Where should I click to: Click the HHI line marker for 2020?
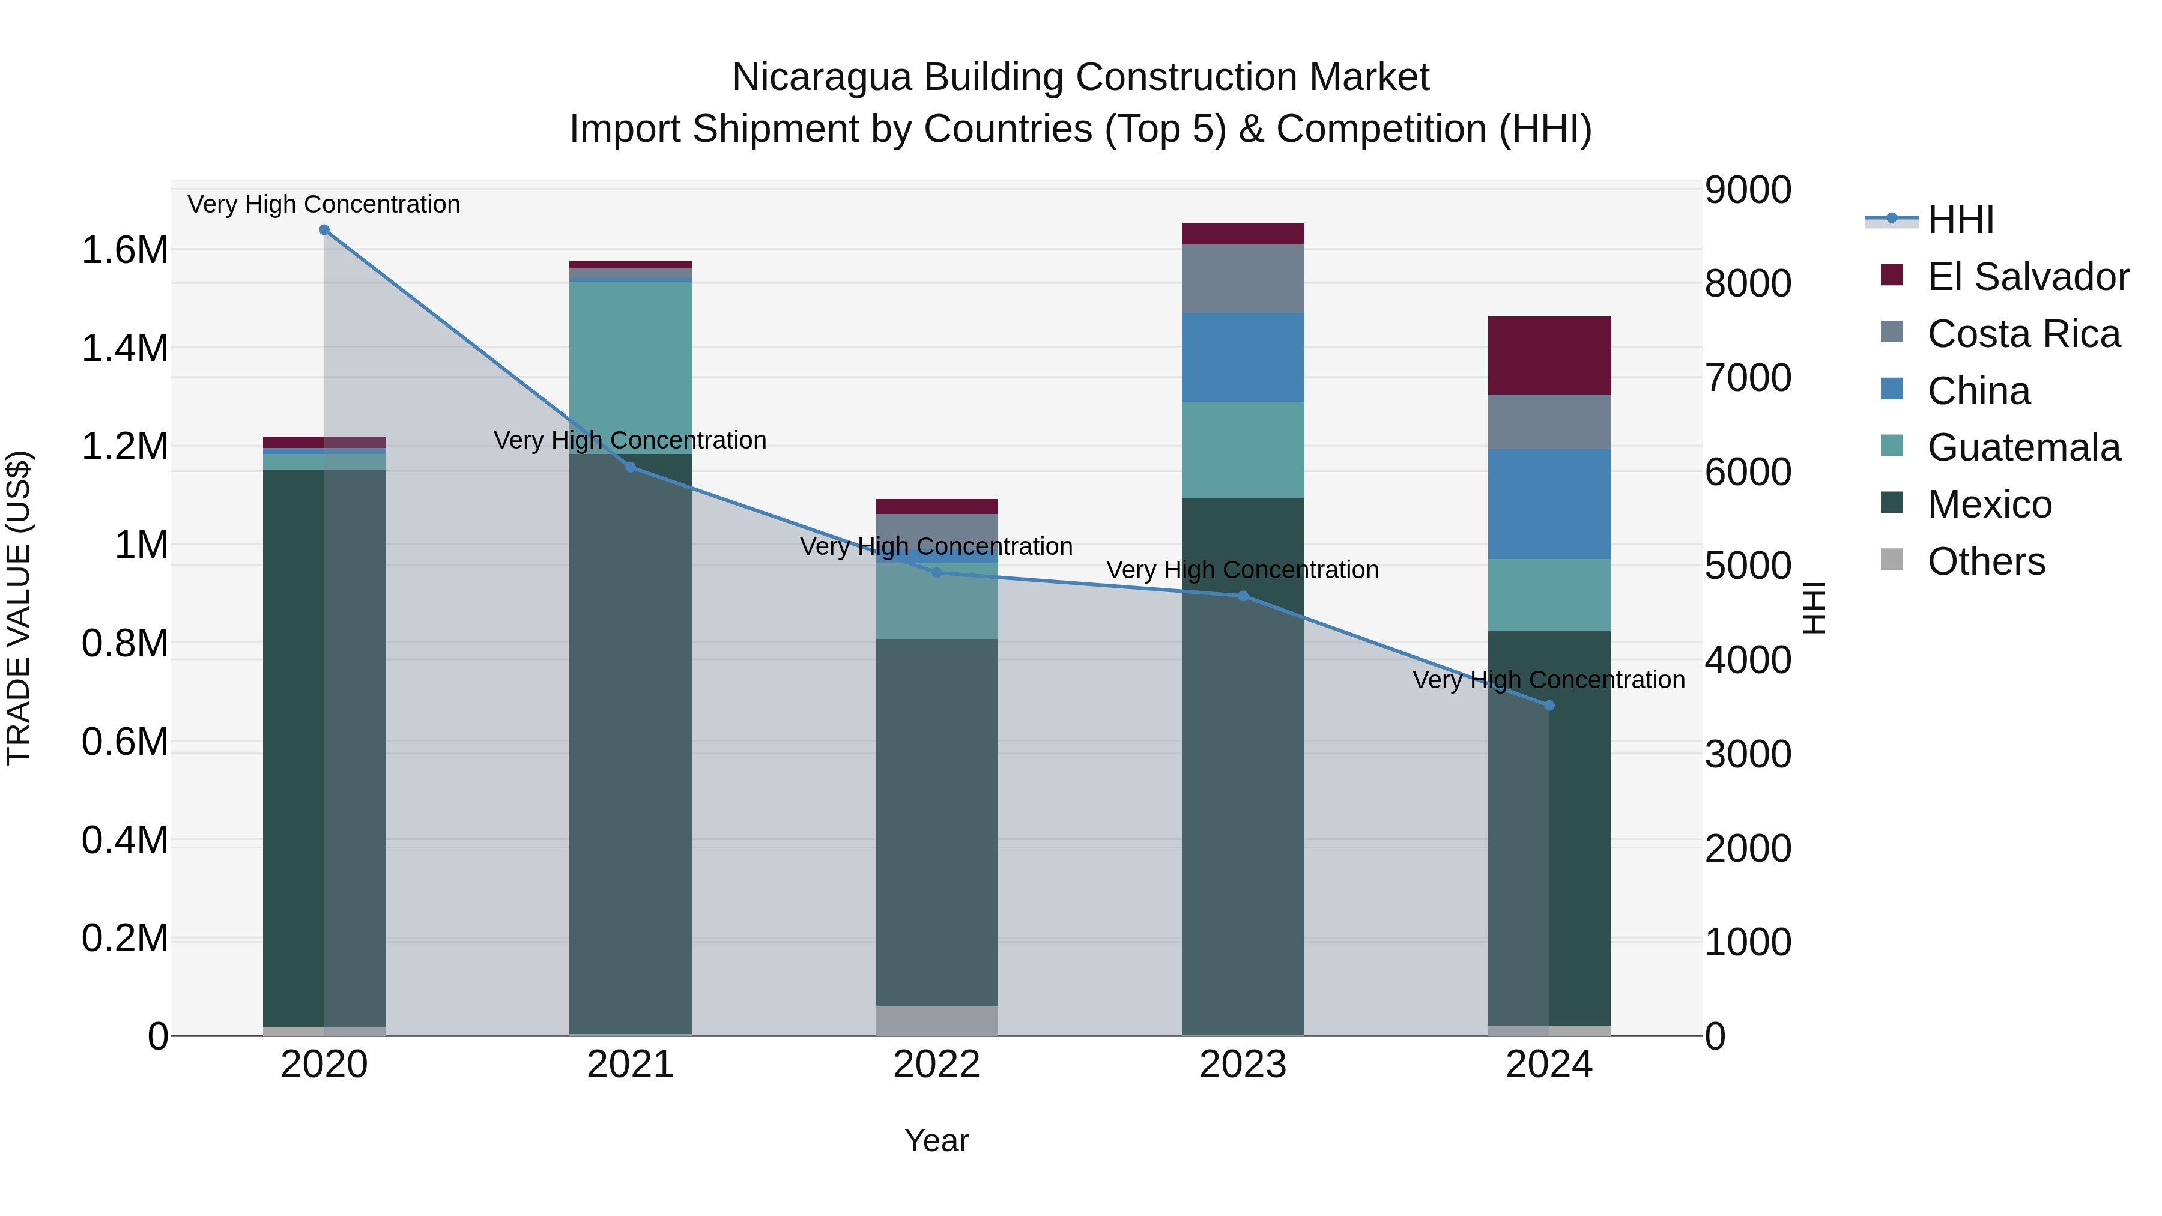point(324,230)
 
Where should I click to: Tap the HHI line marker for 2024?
point(1549,706)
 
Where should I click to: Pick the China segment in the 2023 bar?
point(1243,357)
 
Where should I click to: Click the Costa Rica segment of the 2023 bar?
point(1243,279)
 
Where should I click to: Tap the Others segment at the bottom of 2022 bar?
point(937,1020)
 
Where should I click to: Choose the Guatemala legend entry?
point(2023,447)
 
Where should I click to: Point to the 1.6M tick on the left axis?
point(124,250)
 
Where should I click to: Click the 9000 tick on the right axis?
point(1748,190)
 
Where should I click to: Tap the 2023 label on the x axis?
point(1243,1065)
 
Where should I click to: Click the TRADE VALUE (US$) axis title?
point(19,608)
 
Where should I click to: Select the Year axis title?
point(937,1140)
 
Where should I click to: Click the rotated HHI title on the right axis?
point(1814,608)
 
